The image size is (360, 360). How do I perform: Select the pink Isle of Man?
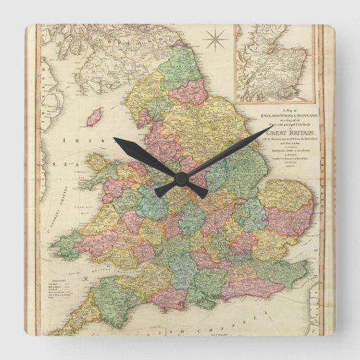tap(94, 116)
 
